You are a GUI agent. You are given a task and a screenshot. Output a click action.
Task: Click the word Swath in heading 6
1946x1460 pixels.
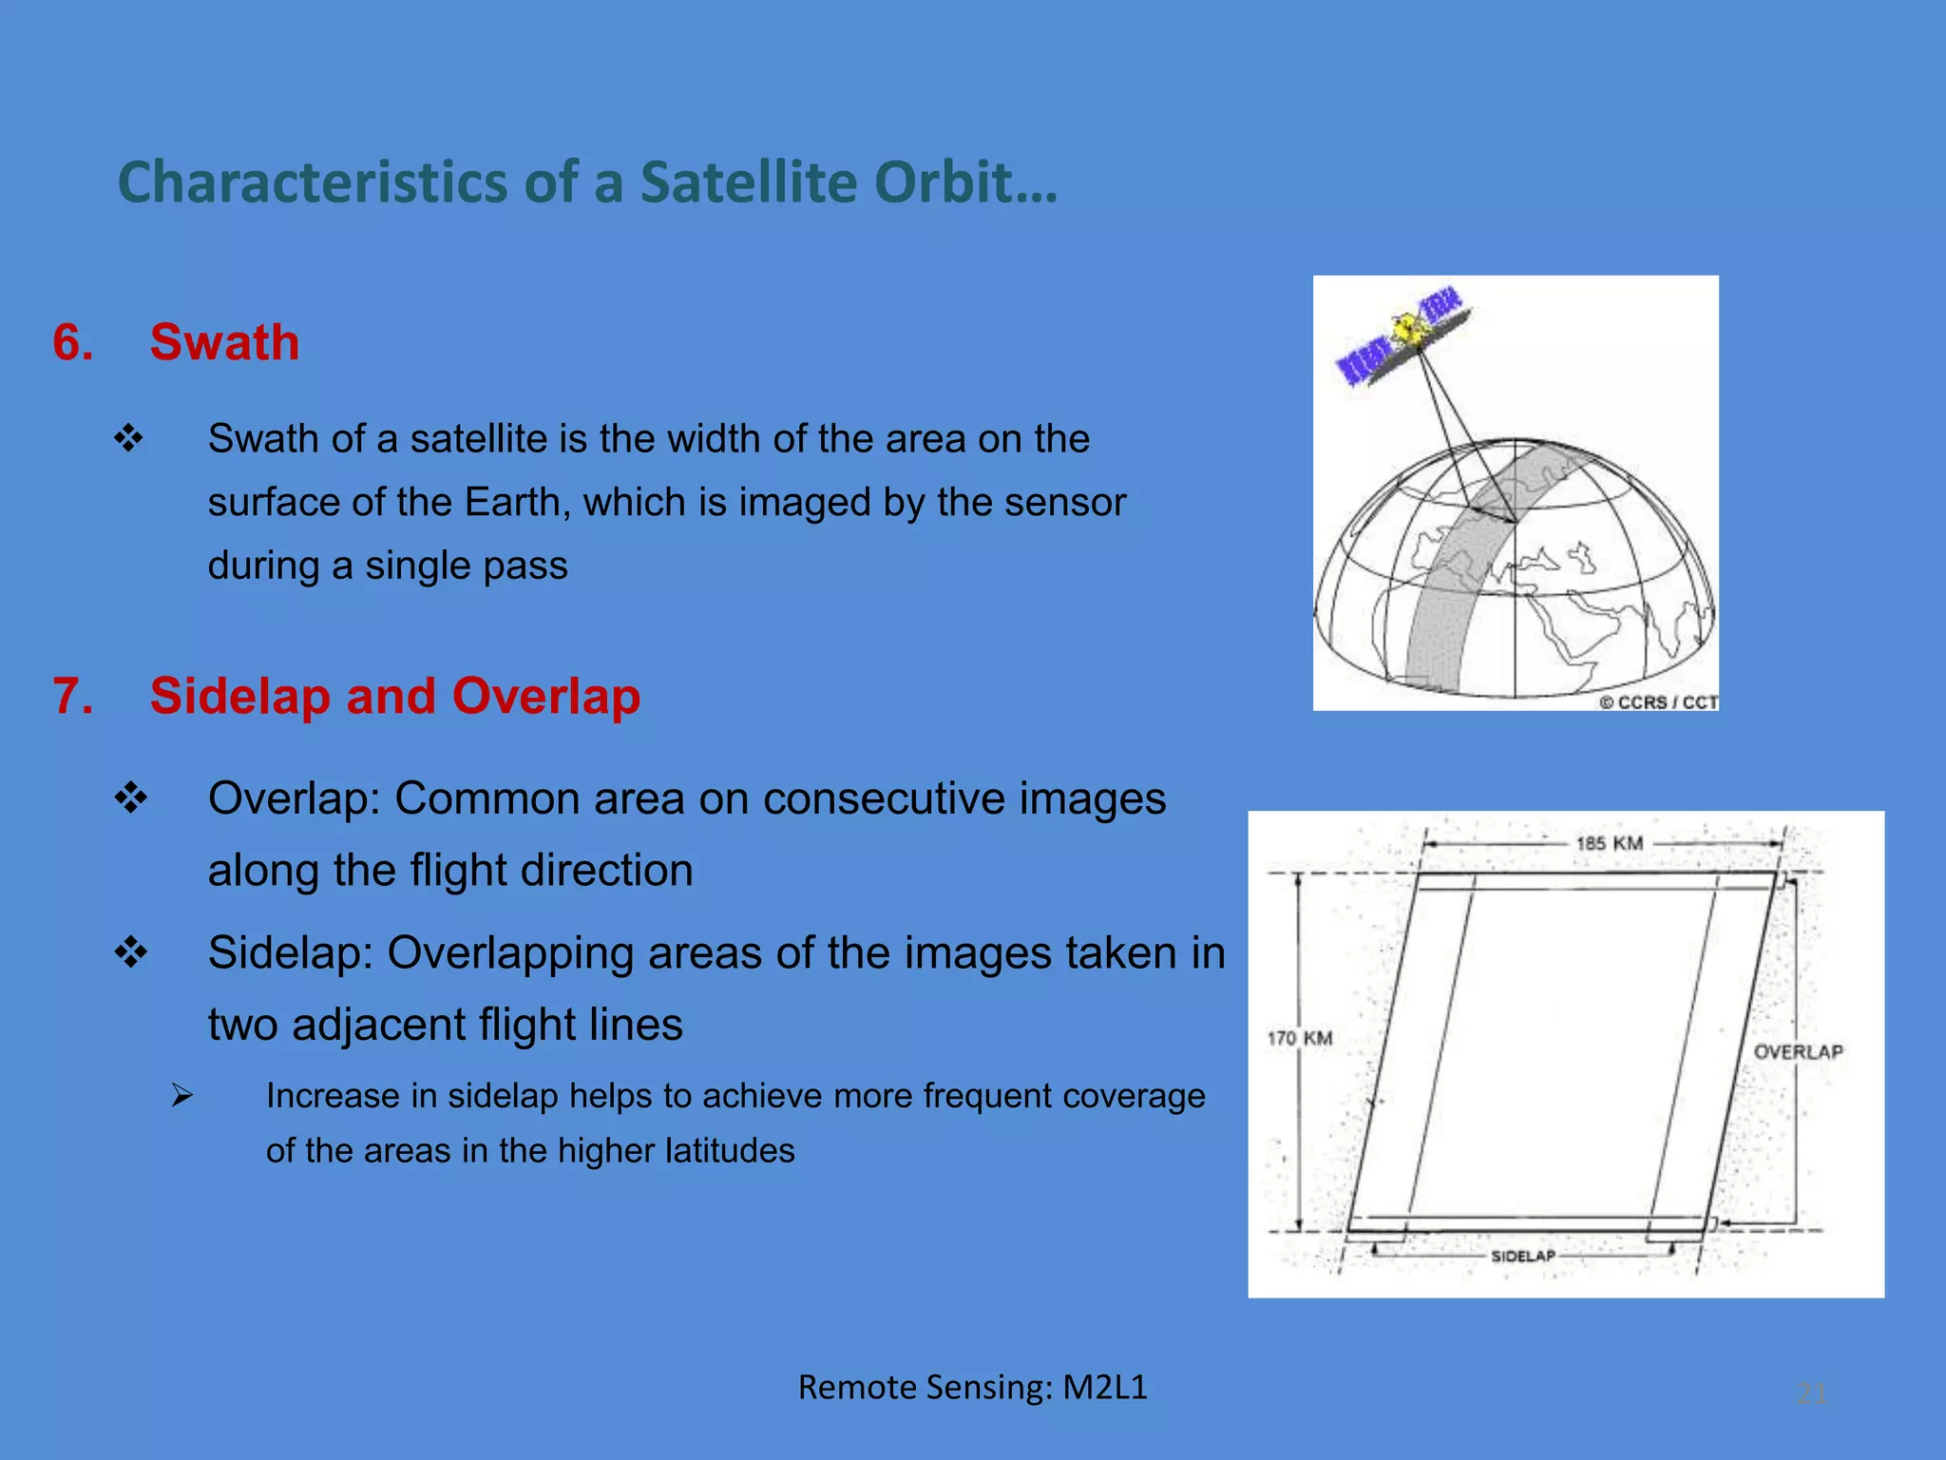coord(224,342)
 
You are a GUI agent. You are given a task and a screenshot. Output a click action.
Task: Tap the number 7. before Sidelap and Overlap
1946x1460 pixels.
coord(73,696)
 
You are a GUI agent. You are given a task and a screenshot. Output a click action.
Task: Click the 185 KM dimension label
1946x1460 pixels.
coord(1609,843)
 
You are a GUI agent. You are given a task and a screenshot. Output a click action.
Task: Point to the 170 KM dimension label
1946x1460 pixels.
coord(1300,1038)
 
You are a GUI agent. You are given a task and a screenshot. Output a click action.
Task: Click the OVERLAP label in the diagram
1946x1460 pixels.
coord(1798,1051)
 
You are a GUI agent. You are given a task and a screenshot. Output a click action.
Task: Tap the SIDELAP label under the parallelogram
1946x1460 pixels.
coord(1522,1256)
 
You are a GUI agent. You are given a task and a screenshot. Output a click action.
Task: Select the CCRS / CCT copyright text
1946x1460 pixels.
coord(1658,701)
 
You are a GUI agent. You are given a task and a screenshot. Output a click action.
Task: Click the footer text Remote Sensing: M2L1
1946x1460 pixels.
coord(972,1387)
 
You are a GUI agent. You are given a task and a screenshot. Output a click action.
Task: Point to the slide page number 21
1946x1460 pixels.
coord(1811,1393)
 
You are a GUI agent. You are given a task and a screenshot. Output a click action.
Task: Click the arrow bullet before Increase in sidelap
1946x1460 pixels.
coord(182,1096)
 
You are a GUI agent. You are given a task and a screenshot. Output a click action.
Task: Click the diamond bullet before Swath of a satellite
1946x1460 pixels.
coord(128,438)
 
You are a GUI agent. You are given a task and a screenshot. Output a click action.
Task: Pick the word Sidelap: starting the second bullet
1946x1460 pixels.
coord(290,952)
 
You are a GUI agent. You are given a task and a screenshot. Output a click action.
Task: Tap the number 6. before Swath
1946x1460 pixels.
coord(73,342)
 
